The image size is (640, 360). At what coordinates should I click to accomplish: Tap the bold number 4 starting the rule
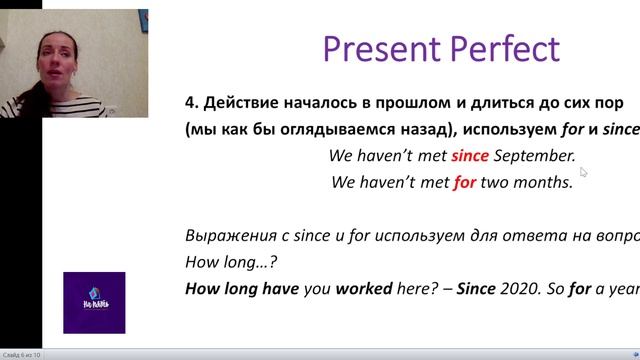coord(190,104)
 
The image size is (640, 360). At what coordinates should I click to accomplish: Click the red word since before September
coord(470,156)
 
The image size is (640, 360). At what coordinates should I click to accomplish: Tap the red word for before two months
coord(465,182)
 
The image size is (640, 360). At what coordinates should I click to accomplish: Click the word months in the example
coord(545,182)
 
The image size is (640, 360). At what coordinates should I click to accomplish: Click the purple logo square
coord(94,302)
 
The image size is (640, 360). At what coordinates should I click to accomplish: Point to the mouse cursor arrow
coord(583,171)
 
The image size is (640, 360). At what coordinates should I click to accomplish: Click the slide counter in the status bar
coord(22,354)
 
